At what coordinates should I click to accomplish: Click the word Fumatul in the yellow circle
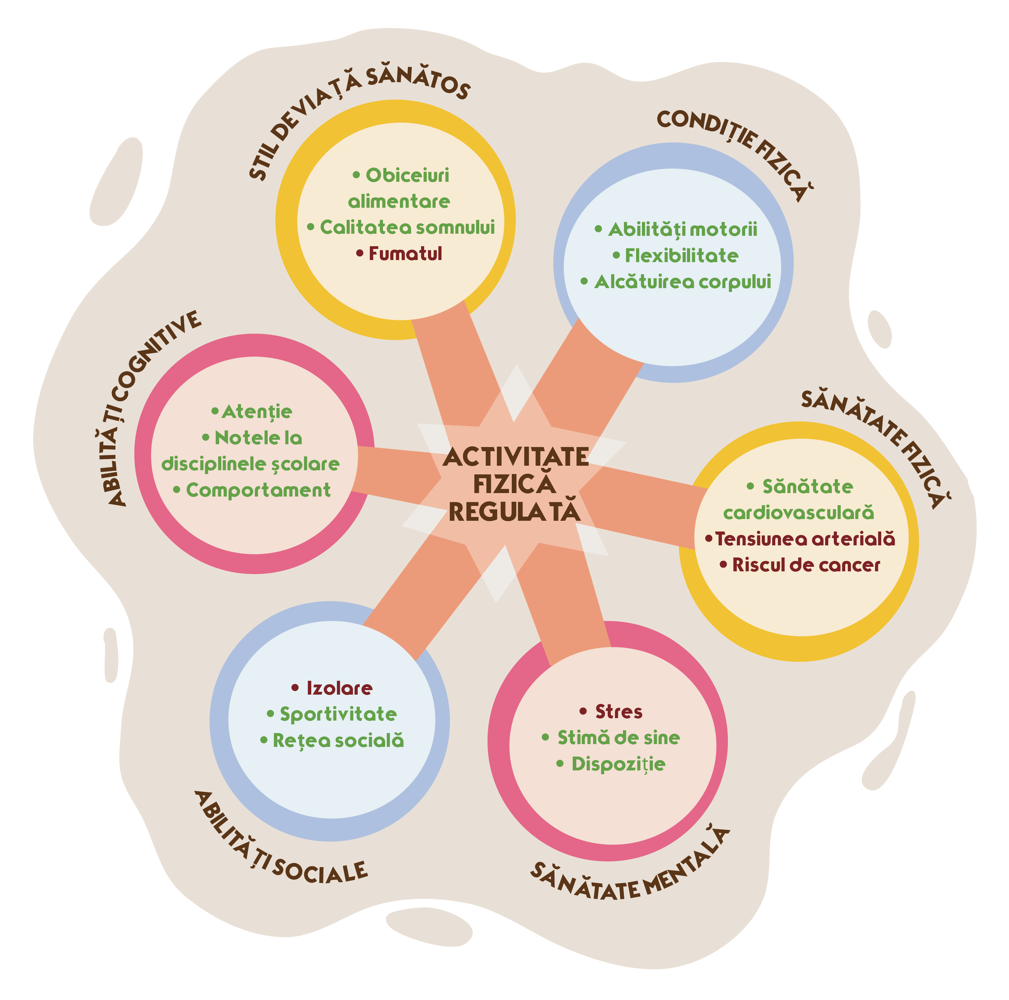coord(405,254)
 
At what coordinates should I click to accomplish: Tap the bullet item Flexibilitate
coord(681,256)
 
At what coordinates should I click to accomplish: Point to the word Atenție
coord(257,411)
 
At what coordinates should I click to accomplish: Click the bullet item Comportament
coord(258,490)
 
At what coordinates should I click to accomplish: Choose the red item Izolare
coord(339,688)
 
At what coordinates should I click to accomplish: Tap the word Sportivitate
coord(338,714)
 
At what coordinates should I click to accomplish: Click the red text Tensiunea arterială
coord(805,538)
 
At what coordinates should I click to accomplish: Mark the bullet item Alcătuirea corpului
coord(682,282)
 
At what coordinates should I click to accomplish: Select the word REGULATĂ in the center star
coord(515,512)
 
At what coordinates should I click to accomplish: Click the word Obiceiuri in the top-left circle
coord(407,176)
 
